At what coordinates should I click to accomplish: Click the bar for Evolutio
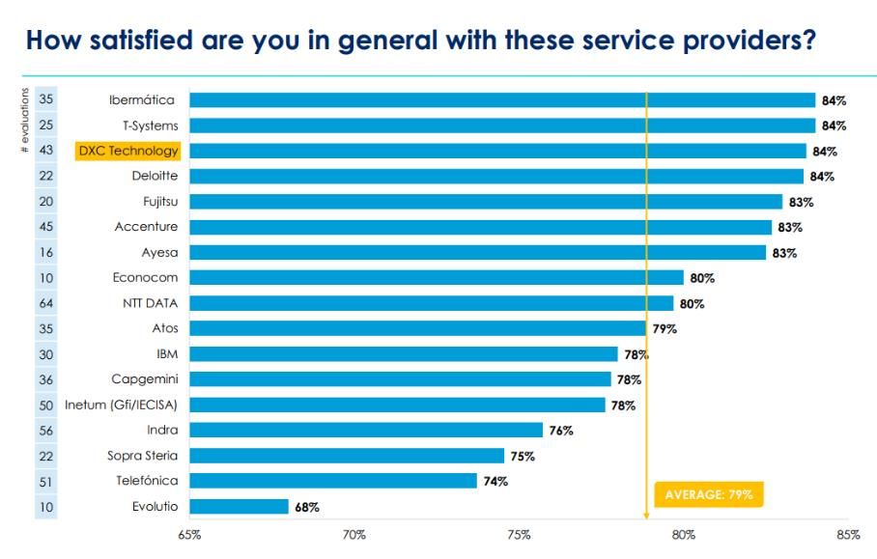[x=239, y=506]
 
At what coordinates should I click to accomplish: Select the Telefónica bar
[x=333, y=481]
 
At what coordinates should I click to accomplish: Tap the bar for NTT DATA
[x=431, y=303]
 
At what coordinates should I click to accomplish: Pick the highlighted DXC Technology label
[x=128, y=151]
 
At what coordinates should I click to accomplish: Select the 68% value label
[x=308, y=507]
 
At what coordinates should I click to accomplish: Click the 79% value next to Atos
[x=665, y=329]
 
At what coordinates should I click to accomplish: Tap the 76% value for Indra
[x=561, y=431]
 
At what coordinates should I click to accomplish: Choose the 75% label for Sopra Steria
[x=523, y=456]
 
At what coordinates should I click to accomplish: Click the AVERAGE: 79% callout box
[x=709, y=494]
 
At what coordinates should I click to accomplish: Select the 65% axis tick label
[x=189, y=536]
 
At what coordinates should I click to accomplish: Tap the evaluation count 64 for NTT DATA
[x=46, y=303]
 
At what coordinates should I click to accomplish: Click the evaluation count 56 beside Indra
[x=46, y=430]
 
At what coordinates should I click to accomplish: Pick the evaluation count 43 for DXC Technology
[x=46, y=151]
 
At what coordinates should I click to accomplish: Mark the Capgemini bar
[x=400, y=379]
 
